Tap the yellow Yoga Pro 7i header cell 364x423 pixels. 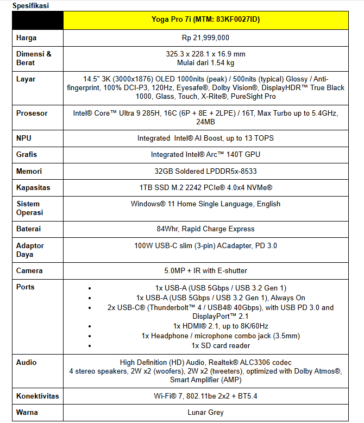coord(205,20)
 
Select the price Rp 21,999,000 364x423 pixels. coord(205,38)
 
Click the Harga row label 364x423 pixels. coord(27,38)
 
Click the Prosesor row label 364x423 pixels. coord(32,113)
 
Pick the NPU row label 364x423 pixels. coord(24,138)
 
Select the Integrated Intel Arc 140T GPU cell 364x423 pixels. coord(205,155)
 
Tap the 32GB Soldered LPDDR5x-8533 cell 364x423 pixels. coord(205,172)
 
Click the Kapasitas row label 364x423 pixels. coord(33,187)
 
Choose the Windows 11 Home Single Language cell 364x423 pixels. coord(205,204)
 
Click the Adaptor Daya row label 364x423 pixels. coord(30,250)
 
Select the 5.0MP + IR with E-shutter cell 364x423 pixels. coord(205,270)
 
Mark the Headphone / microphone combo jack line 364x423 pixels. coord(221,336)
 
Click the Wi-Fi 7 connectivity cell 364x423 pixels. coord(205,396)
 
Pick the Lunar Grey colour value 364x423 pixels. coord(205,413)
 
